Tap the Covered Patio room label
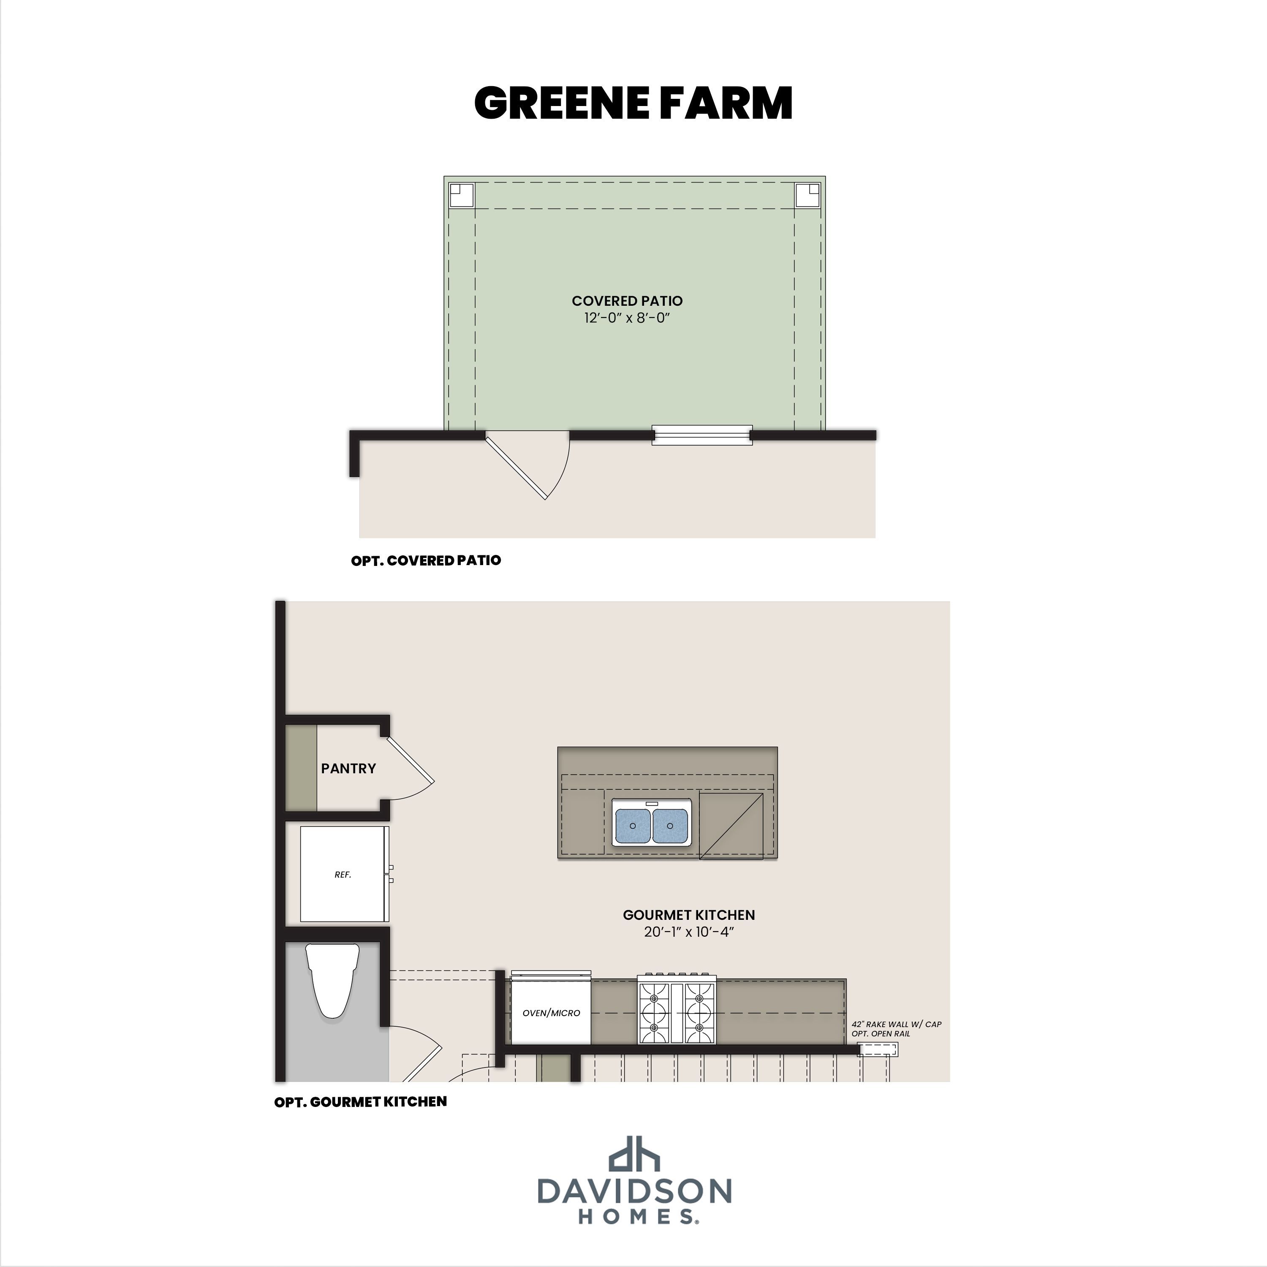point(627,301)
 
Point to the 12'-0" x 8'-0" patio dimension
point(627,318)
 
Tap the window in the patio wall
point(701,435)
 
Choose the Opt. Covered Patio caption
point(426,561)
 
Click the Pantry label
point(348,769)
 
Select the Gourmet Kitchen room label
point(688,915)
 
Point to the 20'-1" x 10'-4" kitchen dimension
point(688,932)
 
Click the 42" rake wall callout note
point(897,1028)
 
